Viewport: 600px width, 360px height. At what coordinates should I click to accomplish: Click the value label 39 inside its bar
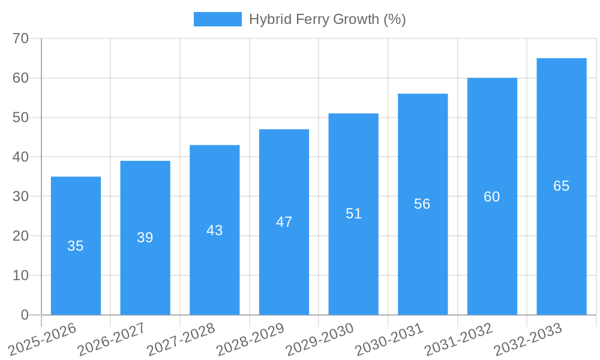pyautogui.click(x=145, y=238)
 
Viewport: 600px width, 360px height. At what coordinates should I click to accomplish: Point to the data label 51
pyautogui.click(x=353, y=214)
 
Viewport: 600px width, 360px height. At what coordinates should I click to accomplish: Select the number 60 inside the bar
pyautogui.click(x=492, y=197)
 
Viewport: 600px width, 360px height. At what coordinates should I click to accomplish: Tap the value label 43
pyautogui.click(x=215, y=230)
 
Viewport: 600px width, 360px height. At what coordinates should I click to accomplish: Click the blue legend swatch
pyautogui.click(x=217, y=19)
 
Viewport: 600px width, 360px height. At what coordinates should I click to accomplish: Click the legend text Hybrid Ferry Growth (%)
pyautogui.click(x=328, y=19)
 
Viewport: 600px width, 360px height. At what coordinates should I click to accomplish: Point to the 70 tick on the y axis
pyautogui.click(x=21, y=38)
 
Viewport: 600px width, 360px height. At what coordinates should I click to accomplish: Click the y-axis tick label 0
pyautogui.click(x=25, y=315)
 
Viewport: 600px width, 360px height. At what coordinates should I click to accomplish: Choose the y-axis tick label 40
pyautogui.click(x=21, y=157)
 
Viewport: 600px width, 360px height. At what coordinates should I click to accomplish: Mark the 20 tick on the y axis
pyautogui.click(x=21, y=236)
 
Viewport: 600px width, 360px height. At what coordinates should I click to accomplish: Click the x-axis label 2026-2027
pyautogui.click(x=111, y=340)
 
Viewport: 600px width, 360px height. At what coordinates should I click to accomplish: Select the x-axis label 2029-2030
pyautogui.click(x=319, y=340)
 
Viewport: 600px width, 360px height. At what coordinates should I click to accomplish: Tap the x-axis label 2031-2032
pyautogui.click(x=458, y=340)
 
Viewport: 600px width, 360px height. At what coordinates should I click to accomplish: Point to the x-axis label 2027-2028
pyautogui.click(x=181, y=340)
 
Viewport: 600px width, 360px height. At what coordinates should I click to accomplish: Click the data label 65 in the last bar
pyautogui.click(x=561, y=186)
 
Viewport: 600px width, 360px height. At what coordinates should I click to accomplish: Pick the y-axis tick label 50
pyautogui.click(x=21, y=118)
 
